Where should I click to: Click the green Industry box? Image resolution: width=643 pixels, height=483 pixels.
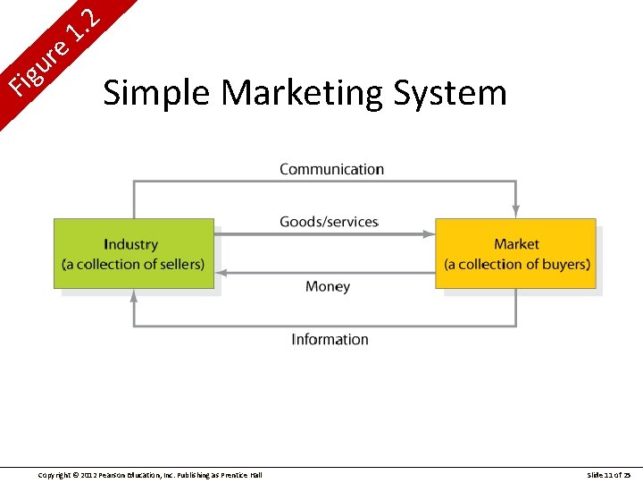pyautogui.click(x=134, y=253)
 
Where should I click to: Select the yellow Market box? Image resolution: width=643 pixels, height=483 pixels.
pyautogui.click(x=515, y=253)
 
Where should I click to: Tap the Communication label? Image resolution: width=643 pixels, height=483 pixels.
pyautogui.click(x=331, y=169)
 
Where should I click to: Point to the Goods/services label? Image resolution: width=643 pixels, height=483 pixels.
pyautogui.click(x=329, y=222)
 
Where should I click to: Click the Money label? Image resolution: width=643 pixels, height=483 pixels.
pyautogui.click(x=328, y=286)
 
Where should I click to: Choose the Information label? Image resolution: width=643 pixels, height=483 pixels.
pyautogui.click(x=330, y=339)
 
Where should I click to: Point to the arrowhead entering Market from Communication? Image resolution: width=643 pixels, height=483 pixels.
pyautogui.click(x=516, y=212)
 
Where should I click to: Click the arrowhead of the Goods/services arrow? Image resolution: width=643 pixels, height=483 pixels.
pyautogui.click(x=430, y=234)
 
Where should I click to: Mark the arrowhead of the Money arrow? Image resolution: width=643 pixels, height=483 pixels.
pyautogui.click(x=221, y=272)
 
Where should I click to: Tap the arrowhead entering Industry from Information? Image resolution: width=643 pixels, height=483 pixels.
pyautogui.click(x=134, y=294)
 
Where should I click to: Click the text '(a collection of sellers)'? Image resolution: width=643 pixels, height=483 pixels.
pyautogui.click(x=133, y=264)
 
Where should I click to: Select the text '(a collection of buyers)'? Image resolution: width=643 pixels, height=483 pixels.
pyautogui.click(x=517, y=264)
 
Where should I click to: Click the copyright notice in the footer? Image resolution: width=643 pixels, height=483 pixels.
pyautogui.click(x=150, y=474)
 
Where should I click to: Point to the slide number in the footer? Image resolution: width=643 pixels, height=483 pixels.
pyautogui.click(x=609, y=474)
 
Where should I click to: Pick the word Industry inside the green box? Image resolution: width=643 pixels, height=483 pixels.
pyautogui.click(x=130, y=244)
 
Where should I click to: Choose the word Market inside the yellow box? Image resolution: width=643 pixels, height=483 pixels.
pyautogui.click(x=516, y=244)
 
